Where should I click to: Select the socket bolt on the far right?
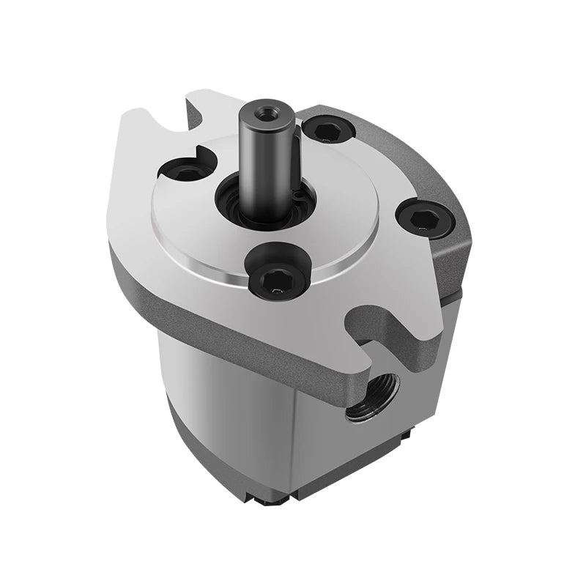pyautogui.click(x=425, y=217)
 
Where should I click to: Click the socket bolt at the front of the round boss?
pyautogui.click(x=277, y=276)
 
